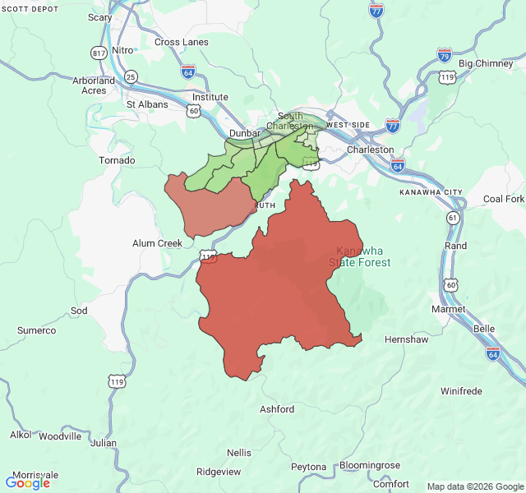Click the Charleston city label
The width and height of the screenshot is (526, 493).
[370, 150]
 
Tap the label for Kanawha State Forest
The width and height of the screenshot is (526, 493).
[359, 256]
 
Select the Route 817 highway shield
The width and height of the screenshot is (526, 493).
[99, 52]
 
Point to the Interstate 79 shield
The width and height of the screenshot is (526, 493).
[444, 55]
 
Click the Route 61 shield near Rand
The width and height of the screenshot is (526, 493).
[454, 218]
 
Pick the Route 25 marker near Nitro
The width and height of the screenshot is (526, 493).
[131, 77]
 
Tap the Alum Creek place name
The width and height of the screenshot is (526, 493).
[157, 243]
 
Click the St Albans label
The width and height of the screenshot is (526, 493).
[147, 104]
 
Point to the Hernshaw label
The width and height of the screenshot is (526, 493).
[406, 339]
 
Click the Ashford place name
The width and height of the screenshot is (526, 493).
[276, 409]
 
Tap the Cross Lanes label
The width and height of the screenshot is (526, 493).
[179, 42]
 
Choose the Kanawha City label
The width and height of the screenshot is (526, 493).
[431, 192]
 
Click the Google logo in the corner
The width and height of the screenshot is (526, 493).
[28, 482]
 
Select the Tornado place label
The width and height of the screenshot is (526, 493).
[116, 160]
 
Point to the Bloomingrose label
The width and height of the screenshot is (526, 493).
[369, 466]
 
